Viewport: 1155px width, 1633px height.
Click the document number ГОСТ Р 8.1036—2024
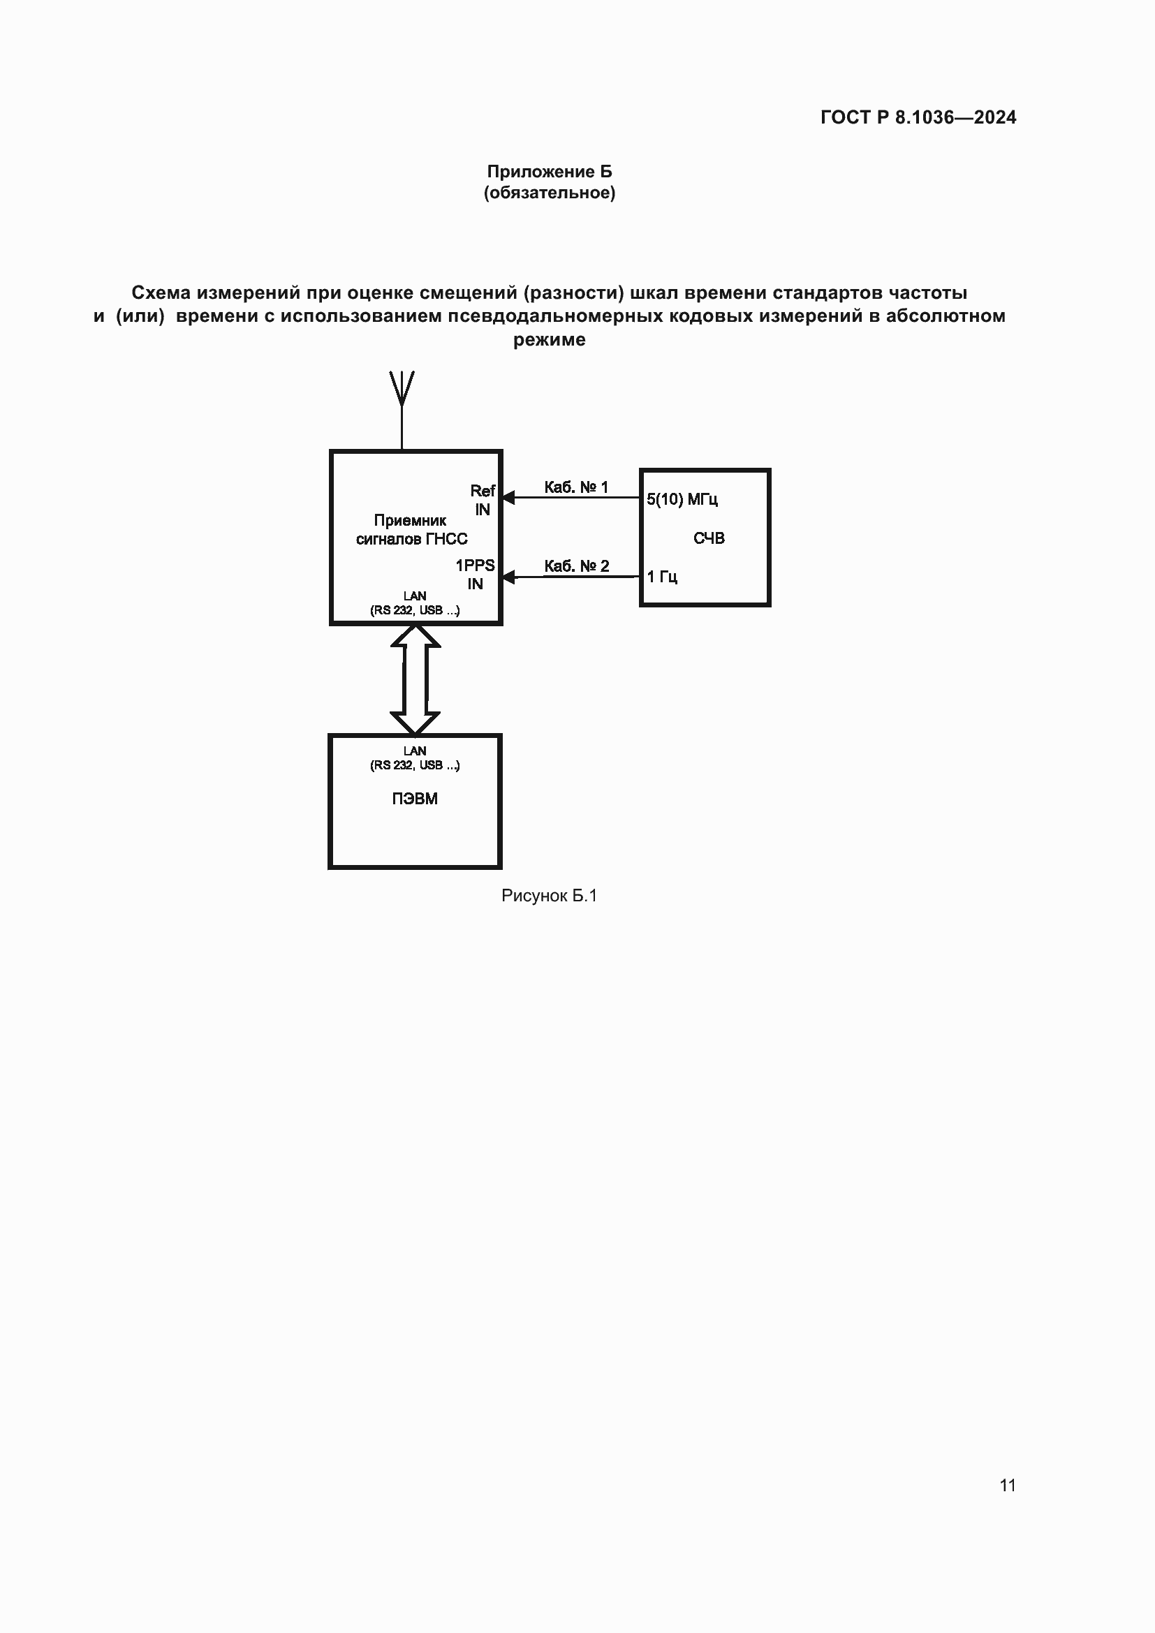(x=918, y=117)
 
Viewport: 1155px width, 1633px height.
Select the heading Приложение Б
(x=549, y=172)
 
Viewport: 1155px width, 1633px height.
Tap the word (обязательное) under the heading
(x=549, y=193)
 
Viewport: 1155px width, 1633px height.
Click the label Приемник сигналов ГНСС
(x=411, y=530)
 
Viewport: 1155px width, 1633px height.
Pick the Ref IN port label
(x=483, y=500)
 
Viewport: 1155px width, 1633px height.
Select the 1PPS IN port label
(x=475, y=575)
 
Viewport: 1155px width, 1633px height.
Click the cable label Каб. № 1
(x=576, y=487)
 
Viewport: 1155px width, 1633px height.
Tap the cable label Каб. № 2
(x=576, y=566)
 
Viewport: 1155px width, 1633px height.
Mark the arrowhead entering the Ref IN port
(x=508, y=497)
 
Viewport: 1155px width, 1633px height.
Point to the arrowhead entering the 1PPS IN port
(x=508, y=577)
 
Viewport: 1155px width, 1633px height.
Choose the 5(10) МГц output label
(x=682, y=499)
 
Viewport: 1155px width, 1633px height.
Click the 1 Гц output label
(x=661, y=577)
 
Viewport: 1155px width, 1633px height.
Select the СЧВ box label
(x=708, y=538)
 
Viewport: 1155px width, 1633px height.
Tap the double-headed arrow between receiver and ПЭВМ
(x=415, y=679)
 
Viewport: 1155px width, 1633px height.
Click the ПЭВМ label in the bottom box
(x=415, y=799)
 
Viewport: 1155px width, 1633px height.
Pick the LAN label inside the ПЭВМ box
(x=415, y=751)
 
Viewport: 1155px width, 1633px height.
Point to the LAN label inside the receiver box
(x=415, y=596)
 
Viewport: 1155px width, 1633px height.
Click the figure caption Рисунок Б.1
(x=549, y=896)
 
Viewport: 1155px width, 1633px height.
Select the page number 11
(x=1007, y=1485)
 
